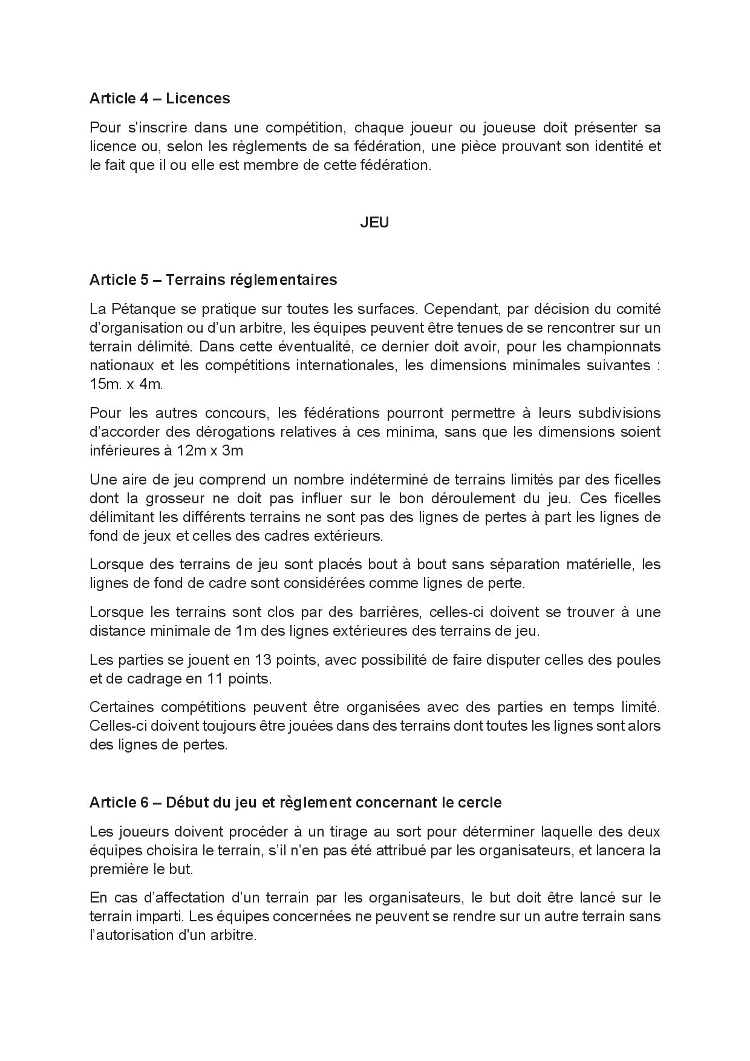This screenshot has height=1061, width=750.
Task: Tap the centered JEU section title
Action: pos(374,222)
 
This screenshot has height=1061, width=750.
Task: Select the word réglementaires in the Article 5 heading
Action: pos(282,279)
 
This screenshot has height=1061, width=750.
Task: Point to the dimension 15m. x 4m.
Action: pos(126,384)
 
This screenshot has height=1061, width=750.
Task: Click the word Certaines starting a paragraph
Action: pos(127,707)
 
